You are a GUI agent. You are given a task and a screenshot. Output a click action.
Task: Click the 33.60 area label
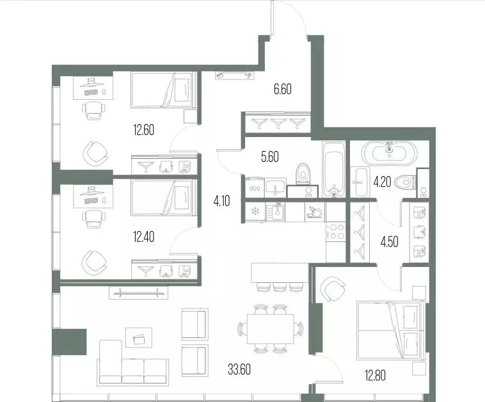(x=239, y=369)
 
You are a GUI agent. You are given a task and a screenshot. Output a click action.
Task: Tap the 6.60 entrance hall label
(x=282, y=89)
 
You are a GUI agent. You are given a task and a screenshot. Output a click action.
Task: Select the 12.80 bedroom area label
(x=375, y=375)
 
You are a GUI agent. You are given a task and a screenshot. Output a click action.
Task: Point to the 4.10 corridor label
(x=221, y=202)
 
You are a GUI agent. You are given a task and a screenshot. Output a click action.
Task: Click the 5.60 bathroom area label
(x=270, y=157)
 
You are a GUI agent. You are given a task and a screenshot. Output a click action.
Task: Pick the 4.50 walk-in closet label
(x=389, y=242)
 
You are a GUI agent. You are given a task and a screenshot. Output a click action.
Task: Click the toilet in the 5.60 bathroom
(x=303, y=174)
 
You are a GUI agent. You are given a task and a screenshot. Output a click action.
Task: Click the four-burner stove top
(x=336, y=232)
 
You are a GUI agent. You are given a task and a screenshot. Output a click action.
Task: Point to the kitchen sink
(x=275, y=212)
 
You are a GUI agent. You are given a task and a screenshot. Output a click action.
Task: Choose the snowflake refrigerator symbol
(x=255, y=212)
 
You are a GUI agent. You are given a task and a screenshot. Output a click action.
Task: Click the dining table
(x=271, y=329)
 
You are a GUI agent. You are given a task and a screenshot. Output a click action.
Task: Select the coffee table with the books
(x=139, y=339)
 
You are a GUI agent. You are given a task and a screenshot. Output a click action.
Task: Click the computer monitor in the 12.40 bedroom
(x=91, y=190)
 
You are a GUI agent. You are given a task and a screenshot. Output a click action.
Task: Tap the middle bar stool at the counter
(x=280, y=287)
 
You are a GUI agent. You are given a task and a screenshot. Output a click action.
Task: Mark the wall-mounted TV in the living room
(x=138, y=292)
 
